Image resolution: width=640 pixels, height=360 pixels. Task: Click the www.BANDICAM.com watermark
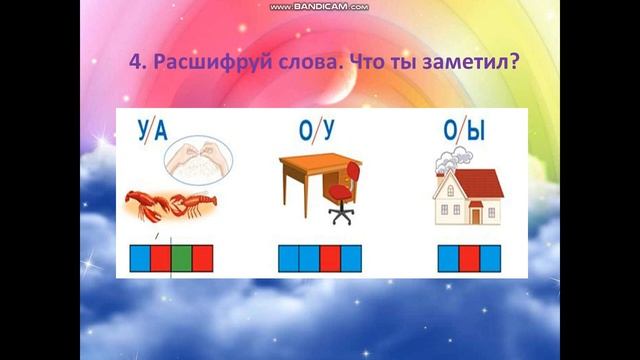point(319,6)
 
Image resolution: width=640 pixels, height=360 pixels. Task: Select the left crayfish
point(150,207)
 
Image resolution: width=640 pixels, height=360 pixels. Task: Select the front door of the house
point(476,212)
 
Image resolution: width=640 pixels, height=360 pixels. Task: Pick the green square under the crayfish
point(181,258)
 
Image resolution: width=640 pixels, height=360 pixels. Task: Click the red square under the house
point(469,258)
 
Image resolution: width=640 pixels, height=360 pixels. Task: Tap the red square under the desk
point(330,258)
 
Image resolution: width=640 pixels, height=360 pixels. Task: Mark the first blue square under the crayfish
point(140,258)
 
